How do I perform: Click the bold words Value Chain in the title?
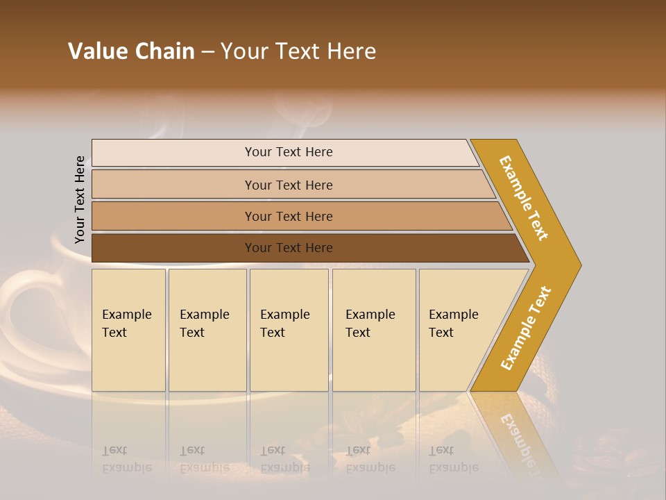coord(131,51)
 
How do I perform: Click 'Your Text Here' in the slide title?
coord(298,51)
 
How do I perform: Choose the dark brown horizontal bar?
coord(173,248)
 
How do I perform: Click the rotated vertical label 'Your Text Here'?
coord(80,199)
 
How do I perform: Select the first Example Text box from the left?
coord(128,330)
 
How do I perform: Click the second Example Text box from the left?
coord(207,330)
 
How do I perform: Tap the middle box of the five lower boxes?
coord(289,330)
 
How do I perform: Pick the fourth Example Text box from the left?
coord(374,330)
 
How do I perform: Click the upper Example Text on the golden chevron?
coord(524,198)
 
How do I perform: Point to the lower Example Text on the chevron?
coord(526,328)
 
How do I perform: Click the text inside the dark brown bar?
coord(289,248)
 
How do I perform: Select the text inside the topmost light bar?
coord(289,152)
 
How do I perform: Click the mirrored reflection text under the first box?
coord(126,459)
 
